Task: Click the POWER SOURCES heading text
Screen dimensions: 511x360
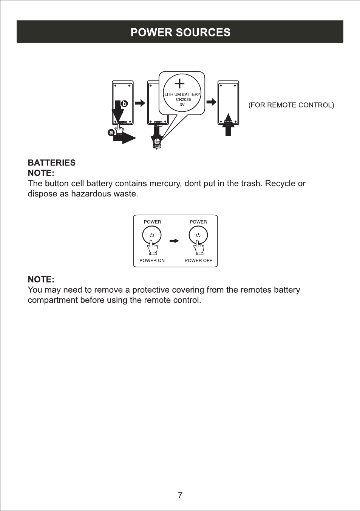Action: click(180, 32)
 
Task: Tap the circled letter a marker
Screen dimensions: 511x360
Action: click(111, 133)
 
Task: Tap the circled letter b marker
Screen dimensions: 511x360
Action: click(124, 103)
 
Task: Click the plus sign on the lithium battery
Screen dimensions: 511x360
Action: click(179, 83)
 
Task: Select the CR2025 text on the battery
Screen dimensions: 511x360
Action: click(183, 100)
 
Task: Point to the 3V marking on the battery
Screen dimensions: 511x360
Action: click(182, 105)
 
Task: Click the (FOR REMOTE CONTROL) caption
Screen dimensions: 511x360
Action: click(291, 105)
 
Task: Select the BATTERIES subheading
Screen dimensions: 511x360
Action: click(52, 163)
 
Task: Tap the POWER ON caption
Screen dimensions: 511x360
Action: click(152, 261)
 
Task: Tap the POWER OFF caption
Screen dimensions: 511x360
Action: click(198, 261)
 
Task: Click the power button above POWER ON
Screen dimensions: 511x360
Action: click(152, 235)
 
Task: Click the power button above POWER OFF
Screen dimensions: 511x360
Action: click(198, 235)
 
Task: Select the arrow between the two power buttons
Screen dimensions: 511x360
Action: click(174, 241)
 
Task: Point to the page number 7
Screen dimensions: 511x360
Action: click(180, 495)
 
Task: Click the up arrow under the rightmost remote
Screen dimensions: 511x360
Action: click(228, 125)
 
